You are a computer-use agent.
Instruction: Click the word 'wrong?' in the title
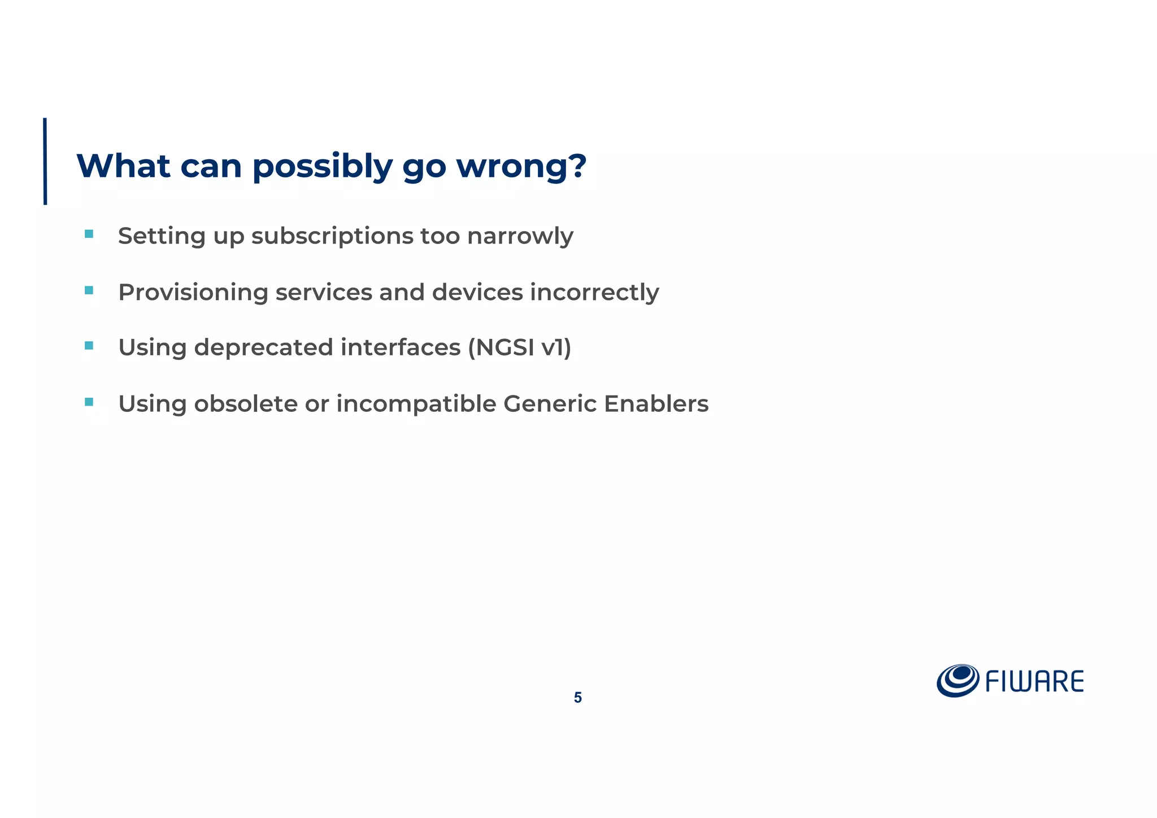521,166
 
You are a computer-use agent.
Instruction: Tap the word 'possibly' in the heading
322,167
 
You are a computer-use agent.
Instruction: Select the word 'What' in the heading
123,166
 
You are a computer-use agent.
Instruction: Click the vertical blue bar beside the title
45,161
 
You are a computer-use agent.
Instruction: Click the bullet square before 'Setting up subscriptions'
89,234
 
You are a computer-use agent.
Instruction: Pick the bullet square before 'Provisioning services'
89,290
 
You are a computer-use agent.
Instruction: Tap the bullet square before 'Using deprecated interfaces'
89,346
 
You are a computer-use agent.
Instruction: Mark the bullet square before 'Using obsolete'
89,402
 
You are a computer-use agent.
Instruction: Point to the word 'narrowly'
520,236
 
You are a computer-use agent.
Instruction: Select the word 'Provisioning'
193,293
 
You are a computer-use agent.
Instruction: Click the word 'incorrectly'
594,293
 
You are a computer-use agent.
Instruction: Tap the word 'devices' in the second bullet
477,292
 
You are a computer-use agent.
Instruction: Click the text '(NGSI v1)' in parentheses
519,347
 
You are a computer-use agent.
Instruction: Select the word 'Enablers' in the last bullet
656,404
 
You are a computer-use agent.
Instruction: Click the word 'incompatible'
416,404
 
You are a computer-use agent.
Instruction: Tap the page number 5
577,698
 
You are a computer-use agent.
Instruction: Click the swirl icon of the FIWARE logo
958,680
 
